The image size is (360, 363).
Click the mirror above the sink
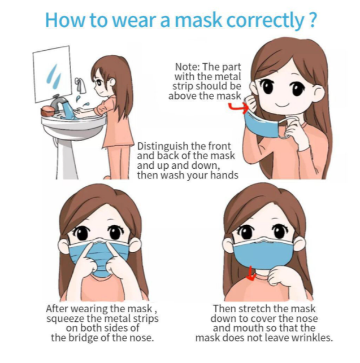[x=53, y=74]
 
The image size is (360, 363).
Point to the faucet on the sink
[x=58, y=102]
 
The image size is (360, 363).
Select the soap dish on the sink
[x=47, y=112]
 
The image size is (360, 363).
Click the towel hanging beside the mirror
[x=81, y=85]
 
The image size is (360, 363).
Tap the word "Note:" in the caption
[x=187, y=67]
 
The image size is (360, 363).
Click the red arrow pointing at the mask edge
[x=237, y=108]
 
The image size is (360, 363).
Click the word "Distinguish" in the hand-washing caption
[x=163, y=147]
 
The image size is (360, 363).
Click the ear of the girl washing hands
[x=112, y=81]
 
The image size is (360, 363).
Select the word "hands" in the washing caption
[x=224, y=175]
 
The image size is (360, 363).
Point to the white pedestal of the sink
[x=66, y=158]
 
